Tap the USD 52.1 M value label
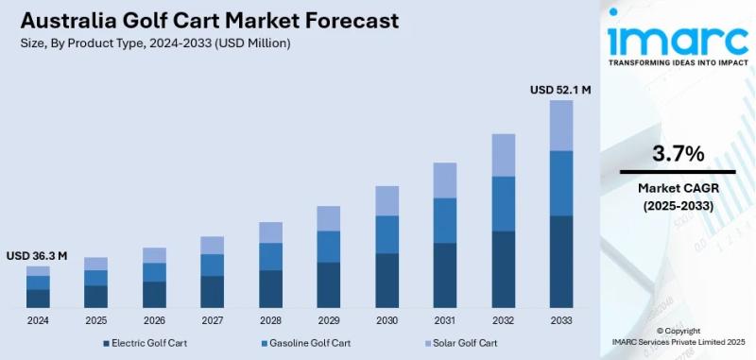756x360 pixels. (x=560, y=90)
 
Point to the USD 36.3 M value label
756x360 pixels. (x=37, y=256)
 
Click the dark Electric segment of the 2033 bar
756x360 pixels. (x=561, y=262)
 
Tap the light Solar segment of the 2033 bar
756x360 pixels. (x=561, y=125)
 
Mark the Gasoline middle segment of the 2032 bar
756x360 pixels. (x=503, y=203)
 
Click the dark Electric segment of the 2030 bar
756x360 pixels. (x=387, y=281)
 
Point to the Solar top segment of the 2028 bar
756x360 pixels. (x=270, y=232)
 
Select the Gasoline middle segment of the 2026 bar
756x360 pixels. (x=154, y=272)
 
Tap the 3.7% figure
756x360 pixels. (x=678, y=153)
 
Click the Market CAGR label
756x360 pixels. (x=678, y=188)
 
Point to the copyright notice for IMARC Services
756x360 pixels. (x=678, y=336)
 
